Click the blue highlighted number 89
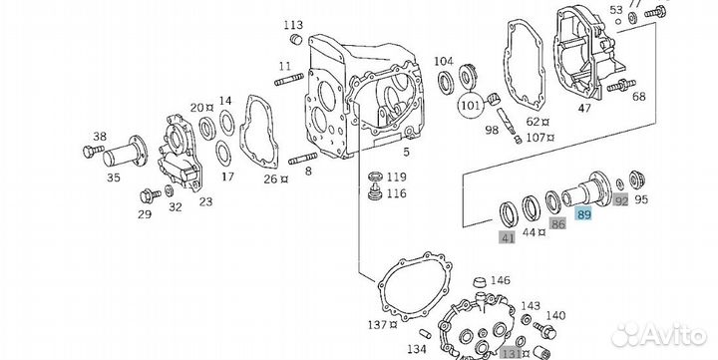coord(585,214)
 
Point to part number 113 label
coord(292,24)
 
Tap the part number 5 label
coord(406,153)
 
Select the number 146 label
coord(501,281)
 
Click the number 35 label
coord(115,179)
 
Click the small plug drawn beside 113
coord(294,39)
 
